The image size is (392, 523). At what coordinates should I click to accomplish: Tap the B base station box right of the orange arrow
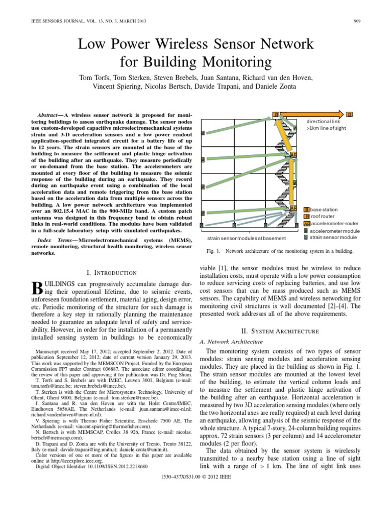(350, 114)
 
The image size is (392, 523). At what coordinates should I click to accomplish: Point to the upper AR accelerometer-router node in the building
(293, 154)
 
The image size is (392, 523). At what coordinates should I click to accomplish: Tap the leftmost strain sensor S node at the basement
(202, 225)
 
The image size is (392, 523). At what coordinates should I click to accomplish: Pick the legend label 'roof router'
(322, 217)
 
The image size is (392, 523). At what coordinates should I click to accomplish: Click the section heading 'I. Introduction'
(112, 273)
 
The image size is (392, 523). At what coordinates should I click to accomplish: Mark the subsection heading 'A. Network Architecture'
(231, 341)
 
